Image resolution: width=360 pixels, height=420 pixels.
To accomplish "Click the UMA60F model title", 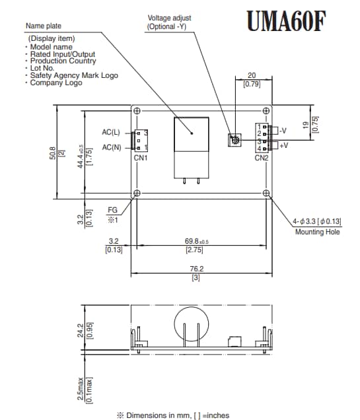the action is tap(286, 21).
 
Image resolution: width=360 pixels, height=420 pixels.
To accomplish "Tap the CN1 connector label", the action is tap(141, 158).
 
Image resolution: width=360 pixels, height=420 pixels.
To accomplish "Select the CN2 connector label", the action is tap(262, 158).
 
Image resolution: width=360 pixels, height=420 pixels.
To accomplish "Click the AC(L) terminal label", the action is tap(111, 132).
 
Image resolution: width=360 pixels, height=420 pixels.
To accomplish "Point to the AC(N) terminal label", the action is tap(112, 147).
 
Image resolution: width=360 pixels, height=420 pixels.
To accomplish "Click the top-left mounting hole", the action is tap(137, 111).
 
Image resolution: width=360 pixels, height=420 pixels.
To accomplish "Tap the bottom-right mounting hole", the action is tap(266, 193).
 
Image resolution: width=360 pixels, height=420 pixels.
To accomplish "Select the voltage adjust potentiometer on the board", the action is tap(234, 140).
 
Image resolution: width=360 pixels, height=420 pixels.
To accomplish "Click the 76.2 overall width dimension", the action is tap(197, 269).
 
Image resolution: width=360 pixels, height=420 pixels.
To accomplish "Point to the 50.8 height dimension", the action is tap(53, 153).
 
